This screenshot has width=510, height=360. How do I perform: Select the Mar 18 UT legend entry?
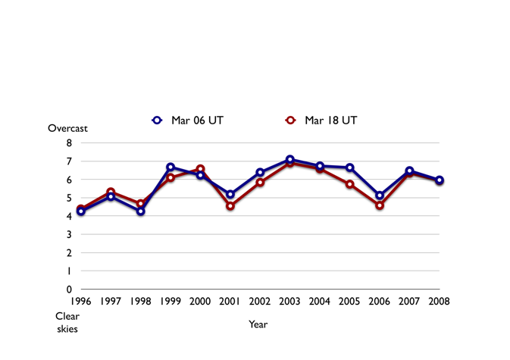321,120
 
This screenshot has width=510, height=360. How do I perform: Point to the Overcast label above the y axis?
68,129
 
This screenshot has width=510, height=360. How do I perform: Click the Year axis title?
258,324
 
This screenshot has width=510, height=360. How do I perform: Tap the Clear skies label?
67,322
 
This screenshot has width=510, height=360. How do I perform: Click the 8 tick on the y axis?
69,143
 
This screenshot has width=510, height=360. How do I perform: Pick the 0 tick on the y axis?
69,289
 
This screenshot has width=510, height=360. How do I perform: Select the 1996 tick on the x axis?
81,302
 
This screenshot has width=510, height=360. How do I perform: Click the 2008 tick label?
440,302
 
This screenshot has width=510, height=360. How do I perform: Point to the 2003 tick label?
290,302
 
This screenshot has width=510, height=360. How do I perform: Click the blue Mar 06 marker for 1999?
171,167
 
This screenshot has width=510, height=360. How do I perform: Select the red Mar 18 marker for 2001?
230,206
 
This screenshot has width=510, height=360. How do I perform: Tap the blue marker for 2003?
290,160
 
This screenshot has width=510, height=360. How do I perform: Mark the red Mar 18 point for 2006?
380,205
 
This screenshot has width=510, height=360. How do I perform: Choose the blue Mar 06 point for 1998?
141,211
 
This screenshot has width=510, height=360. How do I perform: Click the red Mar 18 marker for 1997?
111,193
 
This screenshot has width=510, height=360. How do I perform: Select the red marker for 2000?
201,169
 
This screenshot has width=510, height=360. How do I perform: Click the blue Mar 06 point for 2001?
230,194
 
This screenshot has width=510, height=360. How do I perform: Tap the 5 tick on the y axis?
69,198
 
